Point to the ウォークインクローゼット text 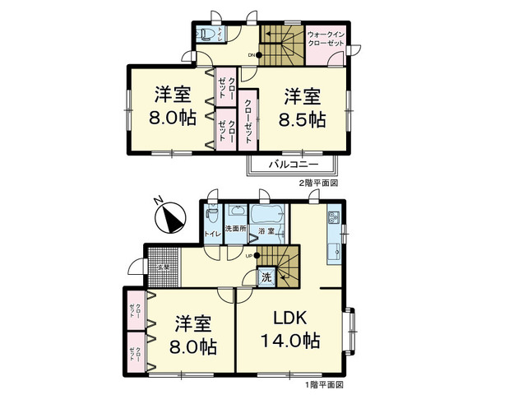point(326,39)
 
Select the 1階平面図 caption point(326,384)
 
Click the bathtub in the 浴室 point(266,219)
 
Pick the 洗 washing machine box point(266,278)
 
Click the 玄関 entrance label point(163,267)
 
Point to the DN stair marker point(252,56)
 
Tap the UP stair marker point(249,257)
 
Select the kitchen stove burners point(334,220)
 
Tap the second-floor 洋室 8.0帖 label point(173,105)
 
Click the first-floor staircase point(280,265)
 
